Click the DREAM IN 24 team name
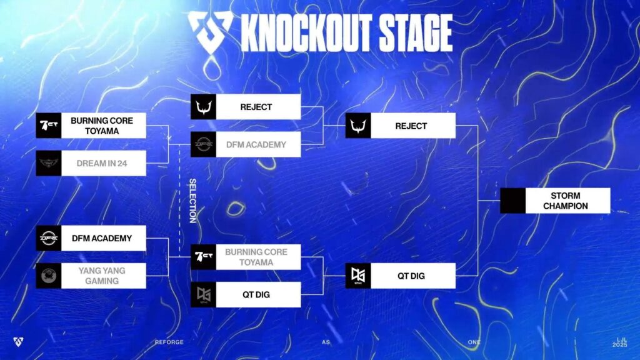[102, 163]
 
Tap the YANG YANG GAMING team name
[102, 276]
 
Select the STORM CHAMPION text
[565, 201]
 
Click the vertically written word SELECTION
[192, 201]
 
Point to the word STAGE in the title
[416, 32]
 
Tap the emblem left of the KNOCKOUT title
[210, 31]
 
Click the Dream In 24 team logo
[49, 163]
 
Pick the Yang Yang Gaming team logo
[49, 276]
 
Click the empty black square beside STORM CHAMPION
[512, 201]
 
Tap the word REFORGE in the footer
[169, 342]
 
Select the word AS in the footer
[325, 342]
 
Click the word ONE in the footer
[474, 342]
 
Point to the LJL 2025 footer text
[619, 342]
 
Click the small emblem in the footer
[18, 342]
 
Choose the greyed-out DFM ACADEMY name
[256, 144]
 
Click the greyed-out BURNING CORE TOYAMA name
[256, 257]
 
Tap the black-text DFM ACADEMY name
[102, 238]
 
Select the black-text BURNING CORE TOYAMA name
[102, 126]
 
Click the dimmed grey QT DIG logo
[203, 295]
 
